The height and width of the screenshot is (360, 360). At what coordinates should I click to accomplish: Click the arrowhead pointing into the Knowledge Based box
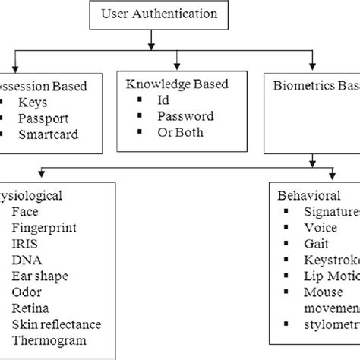click(177, 66)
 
